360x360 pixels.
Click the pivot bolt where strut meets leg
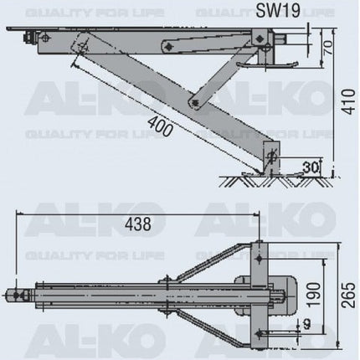coord(195,104)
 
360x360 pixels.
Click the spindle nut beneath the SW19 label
coord(289,38)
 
